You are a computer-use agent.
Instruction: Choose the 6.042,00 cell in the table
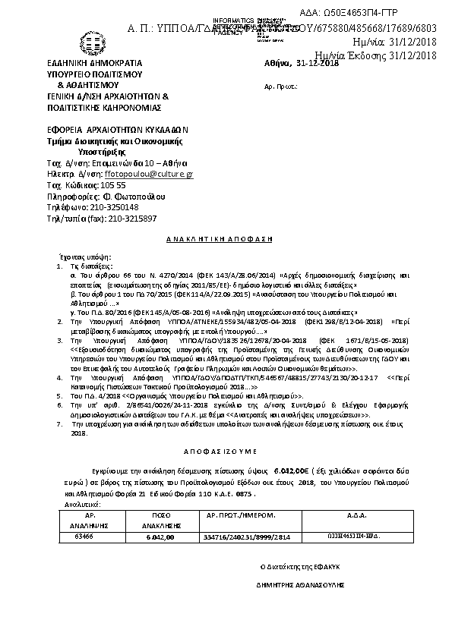click(160, 537)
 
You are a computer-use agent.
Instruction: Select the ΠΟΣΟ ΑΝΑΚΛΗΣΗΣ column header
click(160, 520)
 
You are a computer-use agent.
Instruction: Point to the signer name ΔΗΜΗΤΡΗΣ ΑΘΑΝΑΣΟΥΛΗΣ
click(301, 586)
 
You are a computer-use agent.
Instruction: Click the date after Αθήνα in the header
click(318, 64)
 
